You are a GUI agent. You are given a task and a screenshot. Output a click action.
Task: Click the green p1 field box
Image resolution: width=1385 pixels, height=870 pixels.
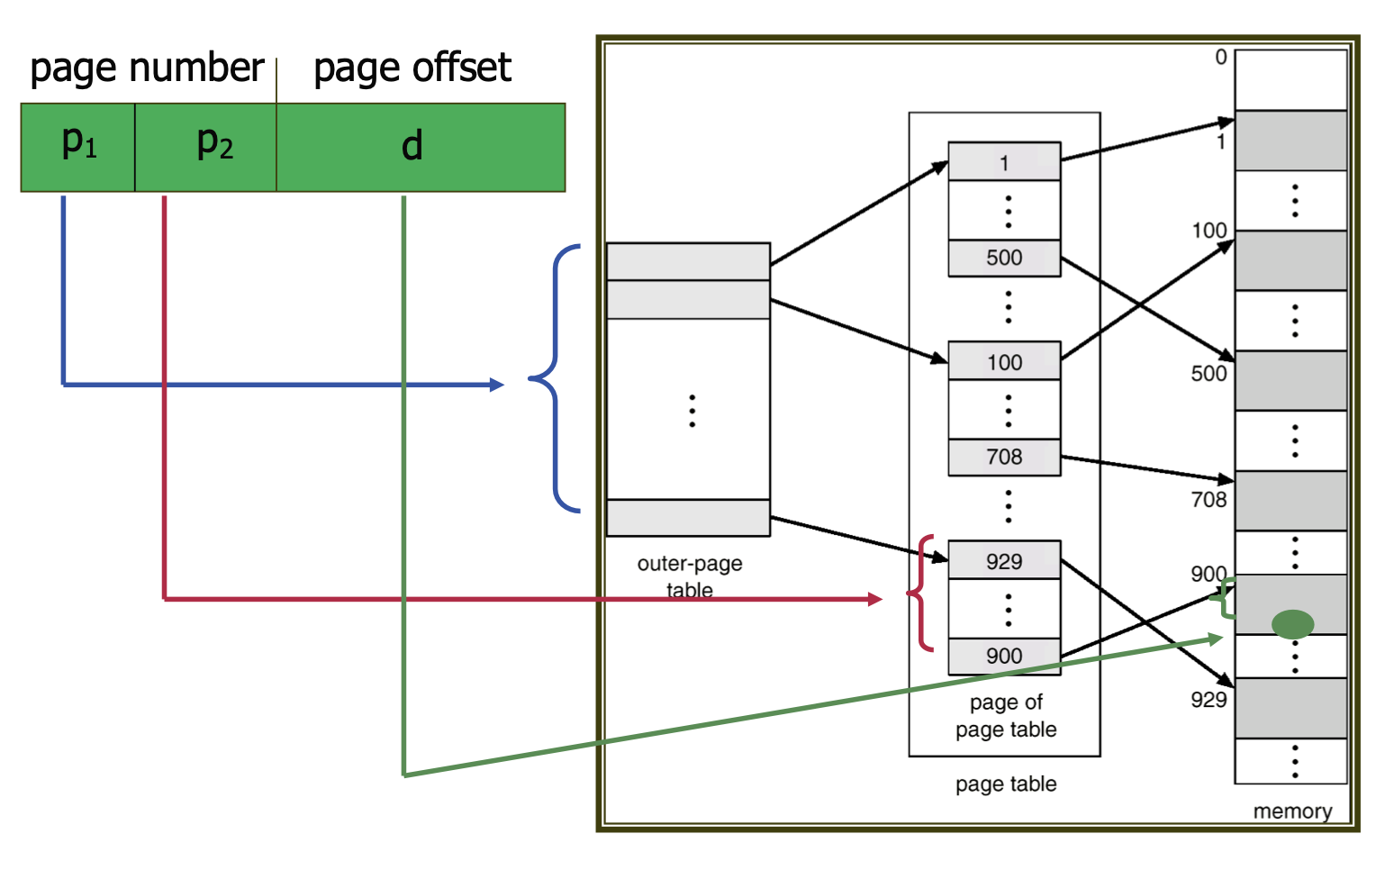[78, 147]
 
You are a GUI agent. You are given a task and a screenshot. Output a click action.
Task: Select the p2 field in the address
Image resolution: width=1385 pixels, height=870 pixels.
[206, 147]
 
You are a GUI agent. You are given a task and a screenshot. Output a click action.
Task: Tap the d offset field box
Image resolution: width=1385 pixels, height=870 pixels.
[421, 147]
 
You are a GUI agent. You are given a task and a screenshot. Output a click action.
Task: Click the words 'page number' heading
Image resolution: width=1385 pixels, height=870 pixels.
[147, 68]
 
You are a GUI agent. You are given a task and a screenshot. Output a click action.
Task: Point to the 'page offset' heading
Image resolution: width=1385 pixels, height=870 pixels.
[412, 68]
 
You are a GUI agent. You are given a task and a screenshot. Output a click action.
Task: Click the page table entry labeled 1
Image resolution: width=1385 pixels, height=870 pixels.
[1004, 162]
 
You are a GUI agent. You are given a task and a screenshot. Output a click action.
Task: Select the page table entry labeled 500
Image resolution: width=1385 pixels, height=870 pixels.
[1004, 258]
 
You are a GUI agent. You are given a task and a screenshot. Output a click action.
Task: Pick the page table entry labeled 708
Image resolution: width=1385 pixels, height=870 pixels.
[1004, 457]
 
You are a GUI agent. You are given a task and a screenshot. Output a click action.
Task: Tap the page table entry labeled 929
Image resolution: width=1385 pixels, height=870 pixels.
[1004, 560]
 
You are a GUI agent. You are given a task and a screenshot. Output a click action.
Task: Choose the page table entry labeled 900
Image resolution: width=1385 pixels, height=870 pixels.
[1004, 656]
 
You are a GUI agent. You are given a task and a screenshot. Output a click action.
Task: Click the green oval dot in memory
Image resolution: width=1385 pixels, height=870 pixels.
[1292, 623]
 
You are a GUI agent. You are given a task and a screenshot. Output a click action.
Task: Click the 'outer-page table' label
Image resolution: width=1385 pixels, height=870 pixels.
[690, 576]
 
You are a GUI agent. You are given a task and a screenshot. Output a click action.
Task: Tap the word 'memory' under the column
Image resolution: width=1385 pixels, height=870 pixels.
[1292, 811]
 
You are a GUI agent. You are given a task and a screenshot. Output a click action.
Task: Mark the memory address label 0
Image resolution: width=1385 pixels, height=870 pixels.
[1221, 57]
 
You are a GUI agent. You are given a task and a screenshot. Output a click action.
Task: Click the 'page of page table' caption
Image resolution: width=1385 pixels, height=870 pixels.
[1006, 716]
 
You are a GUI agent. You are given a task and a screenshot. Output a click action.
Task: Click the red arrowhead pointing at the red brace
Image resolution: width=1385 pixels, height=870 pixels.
[874, 599]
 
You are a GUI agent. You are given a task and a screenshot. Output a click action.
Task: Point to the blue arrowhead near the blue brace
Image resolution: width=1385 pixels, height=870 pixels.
[496, 385]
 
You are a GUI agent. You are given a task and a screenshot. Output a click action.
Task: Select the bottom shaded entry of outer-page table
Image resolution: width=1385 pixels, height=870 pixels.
[688, 518]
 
